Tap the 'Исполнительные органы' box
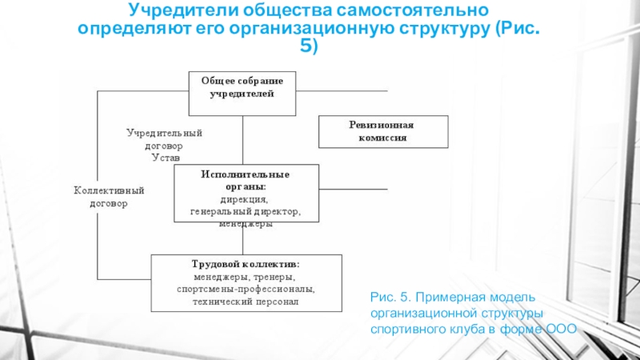click(x=246, y=193)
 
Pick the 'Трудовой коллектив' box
click(x=246, y=282)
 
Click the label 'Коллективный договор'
click(x=109, y=197)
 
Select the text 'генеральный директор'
click(x=245, y=212)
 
